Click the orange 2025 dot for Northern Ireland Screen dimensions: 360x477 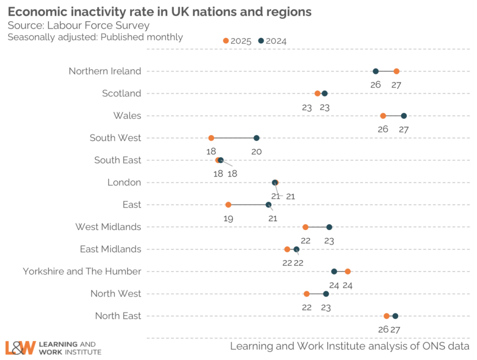tap(396, 71)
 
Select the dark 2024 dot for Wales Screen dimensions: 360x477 tap(403, 116)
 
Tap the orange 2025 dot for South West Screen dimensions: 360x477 tap(211, 138)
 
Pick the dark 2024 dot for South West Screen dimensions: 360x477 tap(256, 138)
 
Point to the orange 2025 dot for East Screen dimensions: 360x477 tap(228, 205)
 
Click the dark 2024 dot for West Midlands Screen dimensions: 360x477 tap(329, 227)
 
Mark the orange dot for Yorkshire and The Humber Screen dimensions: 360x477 tap(348, 272)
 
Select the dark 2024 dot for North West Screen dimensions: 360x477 tap(326, 294)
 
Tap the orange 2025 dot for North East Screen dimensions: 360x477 tap(386, 316)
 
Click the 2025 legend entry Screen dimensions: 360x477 tap(237, 41)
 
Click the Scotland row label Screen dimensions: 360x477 tap(122, 94)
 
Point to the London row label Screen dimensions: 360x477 tap(124, 183)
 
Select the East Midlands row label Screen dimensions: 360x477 tap(110, 249)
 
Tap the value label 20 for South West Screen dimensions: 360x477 tap(256, 151)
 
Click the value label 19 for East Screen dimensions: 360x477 tap(228, 218)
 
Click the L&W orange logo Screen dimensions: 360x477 tap(20, 347)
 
